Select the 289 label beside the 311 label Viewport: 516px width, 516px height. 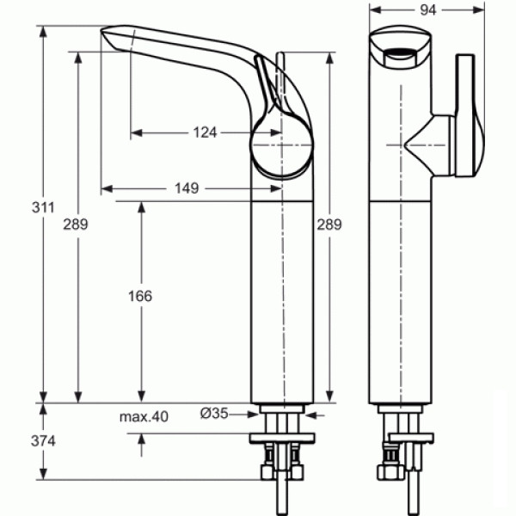point(75,224)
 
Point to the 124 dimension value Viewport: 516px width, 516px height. point(204,132)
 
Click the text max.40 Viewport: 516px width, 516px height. point(143,416)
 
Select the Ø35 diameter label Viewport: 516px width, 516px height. point(215,414)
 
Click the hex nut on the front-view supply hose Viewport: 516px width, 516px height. point(384,475)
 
